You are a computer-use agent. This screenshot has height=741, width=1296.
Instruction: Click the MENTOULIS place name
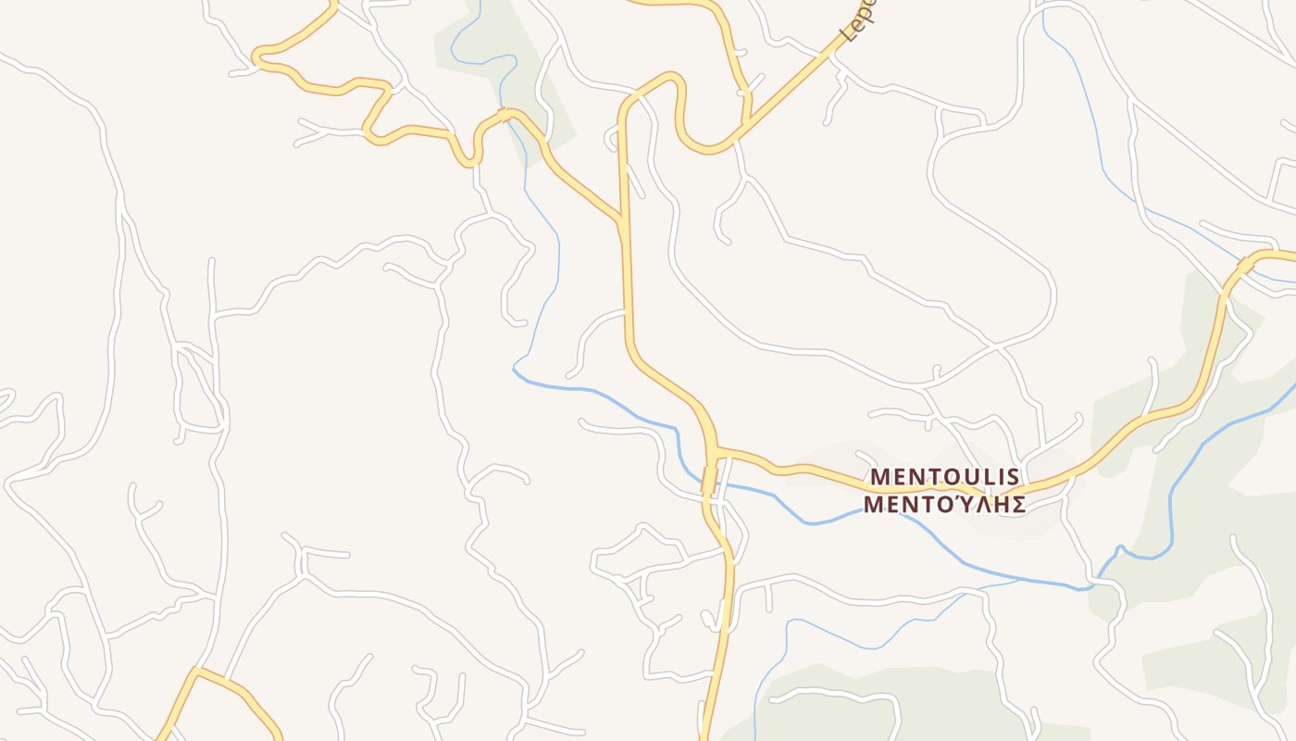click(945, 477)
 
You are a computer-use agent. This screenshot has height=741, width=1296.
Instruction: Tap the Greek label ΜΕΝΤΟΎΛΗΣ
click(945, 505)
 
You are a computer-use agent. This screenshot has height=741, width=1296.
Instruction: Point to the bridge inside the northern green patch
click(505, 115)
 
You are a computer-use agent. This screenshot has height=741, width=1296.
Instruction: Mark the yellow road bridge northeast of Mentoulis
click(1246, 267)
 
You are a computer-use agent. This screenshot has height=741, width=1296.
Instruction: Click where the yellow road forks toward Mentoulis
click(716, 451)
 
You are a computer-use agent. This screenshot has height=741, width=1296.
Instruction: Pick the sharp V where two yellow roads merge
click(619, 220)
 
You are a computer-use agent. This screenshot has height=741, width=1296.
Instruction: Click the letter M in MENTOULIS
click(880, 477)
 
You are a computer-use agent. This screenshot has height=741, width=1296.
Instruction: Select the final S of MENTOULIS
click(1013, 477)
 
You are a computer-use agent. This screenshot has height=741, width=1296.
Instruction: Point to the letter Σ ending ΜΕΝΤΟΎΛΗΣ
click(1017, 505)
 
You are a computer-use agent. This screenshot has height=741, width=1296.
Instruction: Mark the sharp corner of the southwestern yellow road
click(195, 670)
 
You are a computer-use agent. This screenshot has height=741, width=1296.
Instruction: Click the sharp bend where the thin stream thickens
click(515, 370)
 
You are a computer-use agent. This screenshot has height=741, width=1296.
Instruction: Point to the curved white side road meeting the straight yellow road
click(626, 313)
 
